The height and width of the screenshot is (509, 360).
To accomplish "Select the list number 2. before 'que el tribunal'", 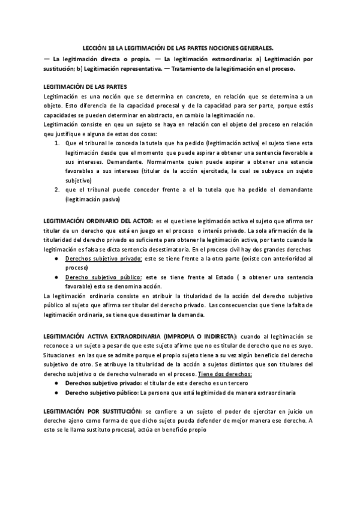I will click(56, 190).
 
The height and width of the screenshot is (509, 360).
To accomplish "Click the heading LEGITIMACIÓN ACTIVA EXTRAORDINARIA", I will click(103, 337).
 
